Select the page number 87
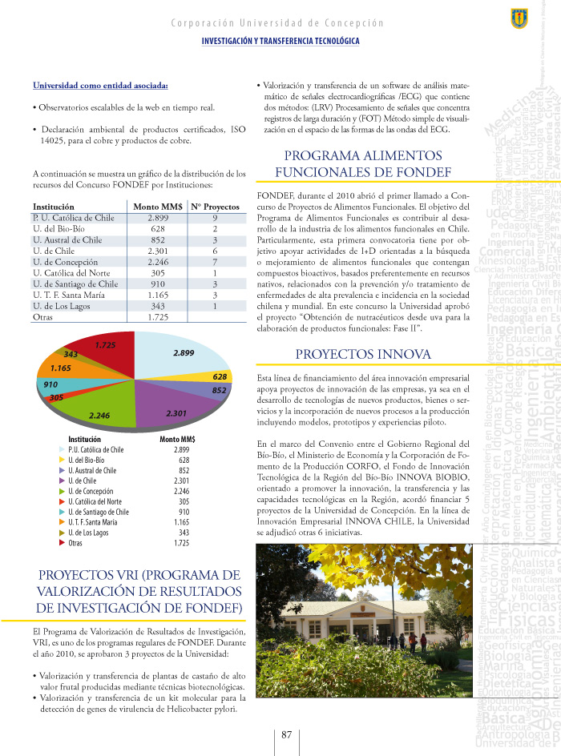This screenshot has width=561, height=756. coord(286,735)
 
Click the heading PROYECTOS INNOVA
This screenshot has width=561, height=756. coord(363,354)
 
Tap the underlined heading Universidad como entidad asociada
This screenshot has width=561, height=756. coord(100,86)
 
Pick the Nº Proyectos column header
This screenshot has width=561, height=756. coord(215,207)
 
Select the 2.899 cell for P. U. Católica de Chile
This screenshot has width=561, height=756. coord(157,217)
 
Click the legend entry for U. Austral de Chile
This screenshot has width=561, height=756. coord(92,471)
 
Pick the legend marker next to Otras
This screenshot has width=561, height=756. coord(62,543)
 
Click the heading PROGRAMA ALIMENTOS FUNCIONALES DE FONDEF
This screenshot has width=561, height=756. coord(362,163)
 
